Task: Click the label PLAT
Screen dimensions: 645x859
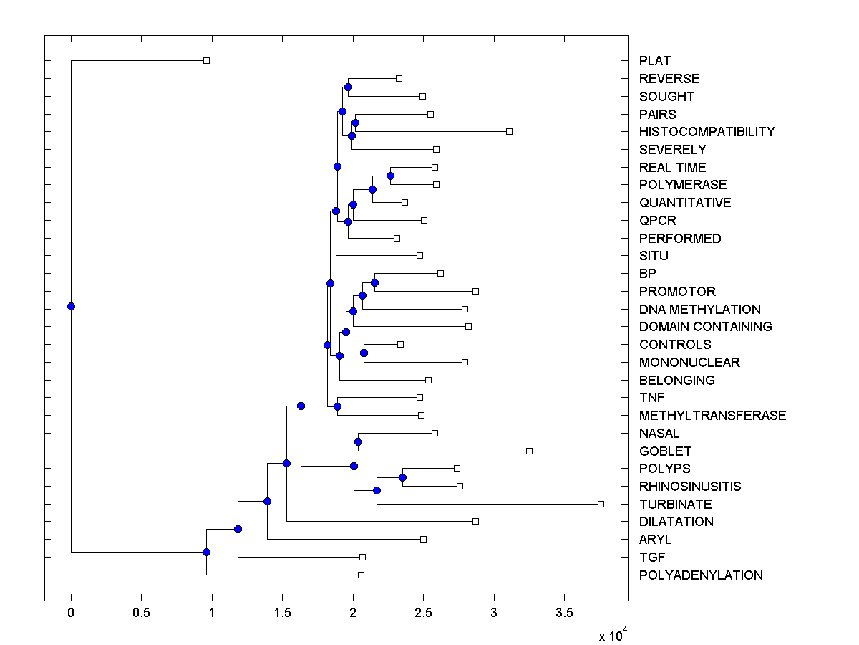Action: (655, 61)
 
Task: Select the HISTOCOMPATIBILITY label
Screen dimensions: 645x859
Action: (707, 132)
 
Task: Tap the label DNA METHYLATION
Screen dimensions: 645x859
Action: (699, 310)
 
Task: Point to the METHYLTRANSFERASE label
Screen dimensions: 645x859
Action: (712, 416)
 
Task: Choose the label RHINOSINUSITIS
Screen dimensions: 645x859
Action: (690, 487)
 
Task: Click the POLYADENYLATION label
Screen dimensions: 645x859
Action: (701, 575)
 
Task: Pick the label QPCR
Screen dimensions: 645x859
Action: (658, 221)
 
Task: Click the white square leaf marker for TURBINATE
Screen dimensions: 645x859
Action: (601, 504)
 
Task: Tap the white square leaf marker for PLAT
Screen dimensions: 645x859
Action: (206, 60)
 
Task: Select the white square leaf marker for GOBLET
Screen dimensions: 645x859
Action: (529, 451)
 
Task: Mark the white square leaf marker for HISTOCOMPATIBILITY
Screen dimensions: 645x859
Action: (509, 131)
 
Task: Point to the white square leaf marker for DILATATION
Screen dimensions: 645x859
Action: (475, 521)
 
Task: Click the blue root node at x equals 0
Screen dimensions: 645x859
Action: (71, 306)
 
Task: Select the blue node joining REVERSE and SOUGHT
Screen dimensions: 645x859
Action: (348, 87)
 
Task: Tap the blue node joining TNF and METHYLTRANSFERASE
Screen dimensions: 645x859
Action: (337, 406)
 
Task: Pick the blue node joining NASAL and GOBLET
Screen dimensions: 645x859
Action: (358, 441)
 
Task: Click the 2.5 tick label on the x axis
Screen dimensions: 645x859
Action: (423, 613)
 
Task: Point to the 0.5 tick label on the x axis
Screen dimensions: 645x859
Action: (141, 613)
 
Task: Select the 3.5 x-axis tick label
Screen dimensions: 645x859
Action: (564, 613)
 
